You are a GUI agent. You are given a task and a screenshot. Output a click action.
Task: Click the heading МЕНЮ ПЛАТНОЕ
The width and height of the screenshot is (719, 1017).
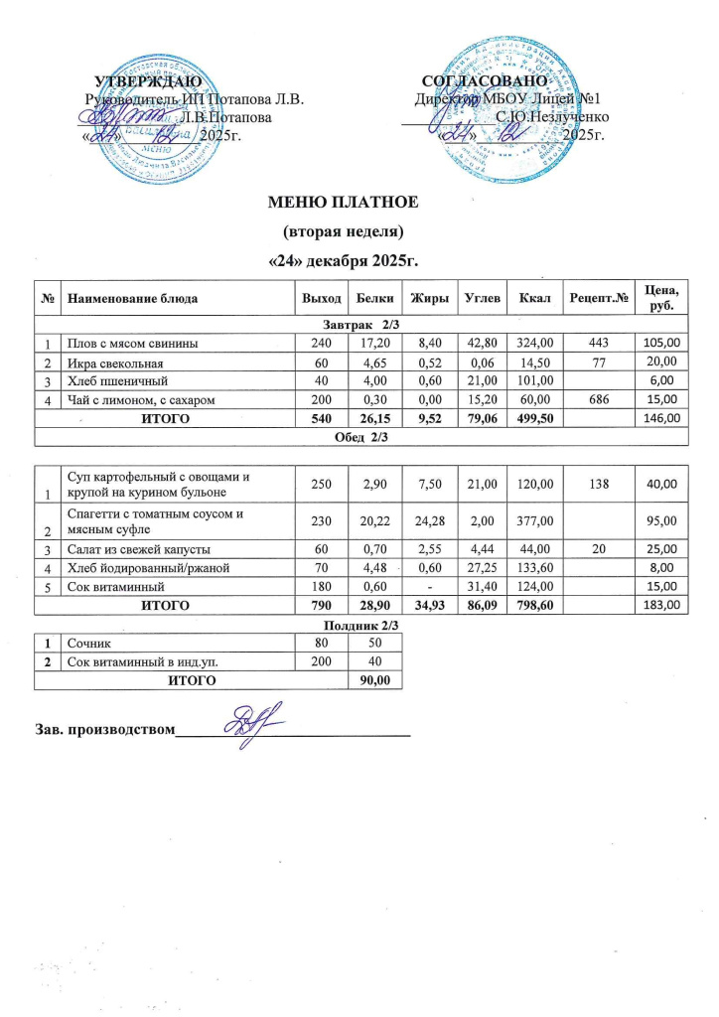click(345, 204)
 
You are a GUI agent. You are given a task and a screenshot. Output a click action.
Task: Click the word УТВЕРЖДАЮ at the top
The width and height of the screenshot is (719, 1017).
click(149, 79)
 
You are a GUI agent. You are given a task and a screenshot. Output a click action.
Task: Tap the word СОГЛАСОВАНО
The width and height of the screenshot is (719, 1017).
click(485, 79)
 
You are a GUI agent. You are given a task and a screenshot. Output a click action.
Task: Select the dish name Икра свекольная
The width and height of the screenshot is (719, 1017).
click(113, 362)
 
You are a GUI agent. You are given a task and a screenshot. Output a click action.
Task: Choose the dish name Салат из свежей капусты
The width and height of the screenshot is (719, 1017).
click(137, 548)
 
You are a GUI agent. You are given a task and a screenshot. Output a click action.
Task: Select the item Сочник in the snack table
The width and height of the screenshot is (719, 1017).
click(87, 643)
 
